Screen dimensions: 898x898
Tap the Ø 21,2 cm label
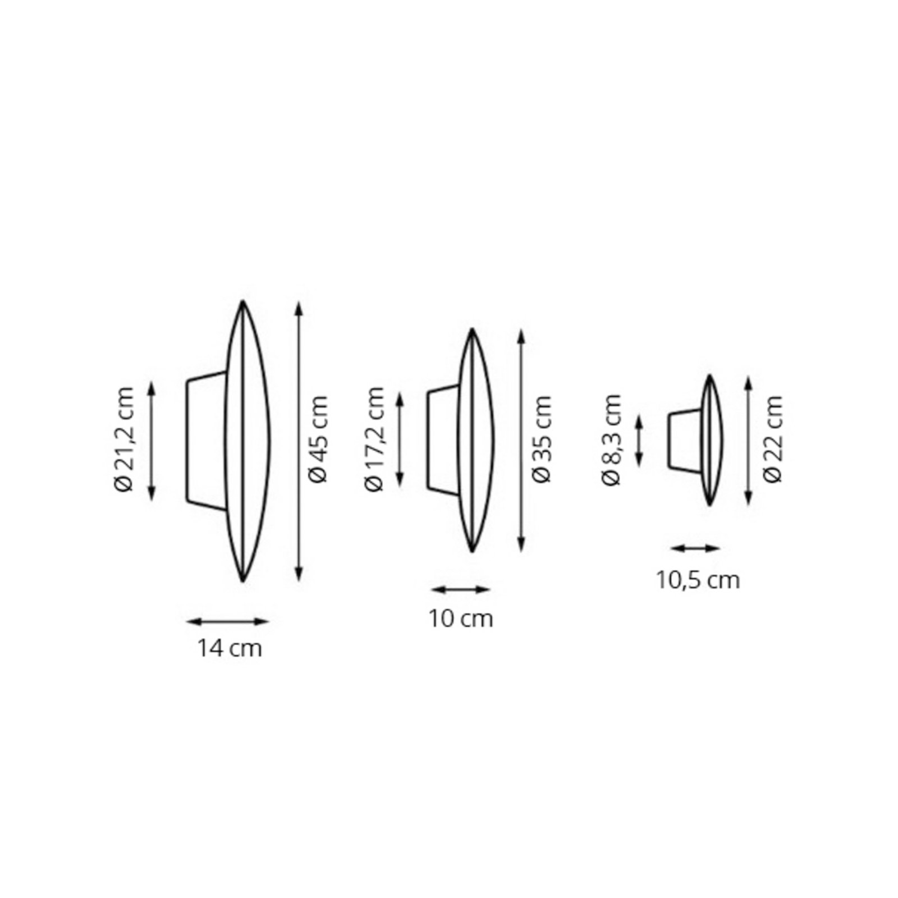[125, 439]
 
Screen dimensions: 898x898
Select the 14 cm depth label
[229, 649]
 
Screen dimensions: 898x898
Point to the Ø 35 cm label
[542, 439]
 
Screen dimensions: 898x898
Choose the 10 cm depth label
[461, 619]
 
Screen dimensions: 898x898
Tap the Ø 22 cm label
[773, 439]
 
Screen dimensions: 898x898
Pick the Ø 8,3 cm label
[612, 439]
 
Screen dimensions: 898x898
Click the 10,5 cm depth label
[699, 580]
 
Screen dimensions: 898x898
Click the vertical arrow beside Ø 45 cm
[299, 441]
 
